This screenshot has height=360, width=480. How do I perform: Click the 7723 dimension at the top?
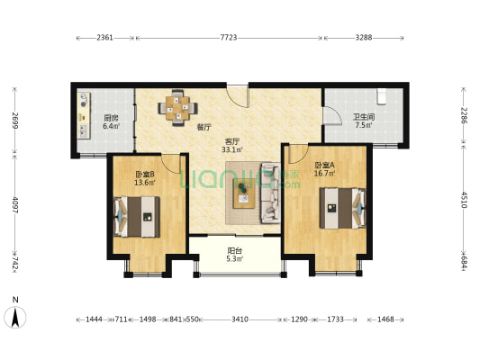229,38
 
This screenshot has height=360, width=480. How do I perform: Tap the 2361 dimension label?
104,38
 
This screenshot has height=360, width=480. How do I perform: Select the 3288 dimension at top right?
363,38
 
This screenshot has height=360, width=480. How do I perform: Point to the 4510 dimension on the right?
464,200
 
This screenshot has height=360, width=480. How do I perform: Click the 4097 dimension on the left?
15,204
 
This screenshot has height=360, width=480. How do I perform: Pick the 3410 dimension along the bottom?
240,319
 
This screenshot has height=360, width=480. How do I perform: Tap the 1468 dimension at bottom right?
385,319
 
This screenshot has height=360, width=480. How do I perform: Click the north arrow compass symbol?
15,317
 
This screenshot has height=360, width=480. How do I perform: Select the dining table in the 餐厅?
177,108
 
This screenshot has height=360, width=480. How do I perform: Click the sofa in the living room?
270,193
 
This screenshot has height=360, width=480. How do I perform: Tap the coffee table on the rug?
244,193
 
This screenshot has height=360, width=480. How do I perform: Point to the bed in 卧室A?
342,208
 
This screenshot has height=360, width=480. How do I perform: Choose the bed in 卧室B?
137,217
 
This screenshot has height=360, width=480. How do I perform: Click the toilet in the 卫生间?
382,96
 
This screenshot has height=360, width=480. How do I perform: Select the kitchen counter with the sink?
84,115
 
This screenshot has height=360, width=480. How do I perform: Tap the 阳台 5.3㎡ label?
235,255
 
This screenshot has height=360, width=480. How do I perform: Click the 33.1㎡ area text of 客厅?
232,150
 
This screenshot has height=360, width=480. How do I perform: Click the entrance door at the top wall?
237,96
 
